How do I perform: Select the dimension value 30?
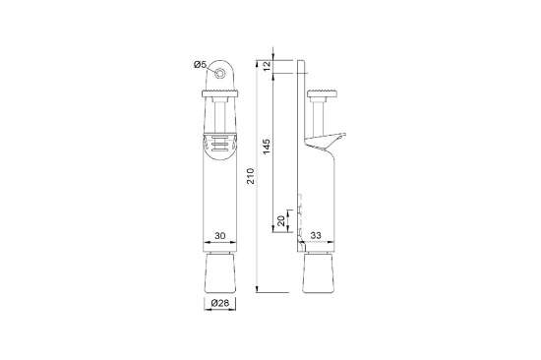(x=221, y=236)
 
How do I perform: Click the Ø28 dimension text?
(x=220, y=304)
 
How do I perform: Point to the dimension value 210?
(x=252, y=177)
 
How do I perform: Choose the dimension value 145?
(x=268, y=146)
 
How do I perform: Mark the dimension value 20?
(x=282, y=221)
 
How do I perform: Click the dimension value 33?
(x=318, y=236)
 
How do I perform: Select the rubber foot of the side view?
(x=320, y=274)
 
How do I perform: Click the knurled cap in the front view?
(x=221, y=93)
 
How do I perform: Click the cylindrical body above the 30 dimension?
(x=221, y=197)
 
